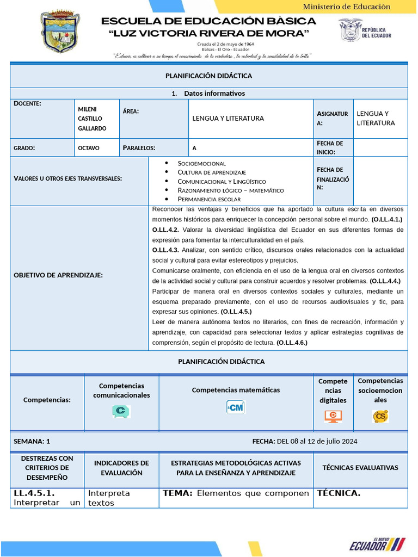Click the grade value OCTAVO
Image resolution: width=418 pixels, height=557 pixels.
pos(89,147)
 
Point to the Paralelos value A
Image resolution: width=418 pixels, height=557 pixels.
pos(194,147)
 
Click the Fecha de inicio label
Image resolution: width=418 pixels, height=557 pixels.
pos(330,147)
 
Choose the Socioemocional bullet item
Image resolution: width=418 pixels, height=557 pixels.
pos(201,163)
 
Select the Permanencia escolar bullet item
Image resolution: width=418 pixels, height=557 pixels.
pos(208,199)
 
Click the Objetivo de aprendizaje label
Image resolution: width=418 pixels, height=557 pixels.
pos(58,275)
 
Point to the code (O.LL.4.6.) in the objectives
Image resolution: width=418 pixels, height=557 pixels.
pos(292,343)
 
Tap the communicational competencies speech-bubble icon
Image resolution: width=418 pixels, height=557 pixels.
pos(121,412)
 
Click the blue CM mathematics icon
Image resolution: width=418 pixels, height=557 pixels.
pos(236,407)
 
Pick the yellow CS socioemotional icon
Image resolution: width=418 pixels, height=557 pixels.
pos(380,416)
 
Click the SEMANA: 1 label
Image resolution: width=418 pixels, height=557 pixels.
pos(32,441)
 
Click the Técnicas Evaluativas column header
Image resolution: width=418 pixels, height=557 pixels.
pos(360,467)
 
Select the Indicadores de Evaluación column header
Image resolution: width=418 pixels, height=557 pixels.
pos(121,468)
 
